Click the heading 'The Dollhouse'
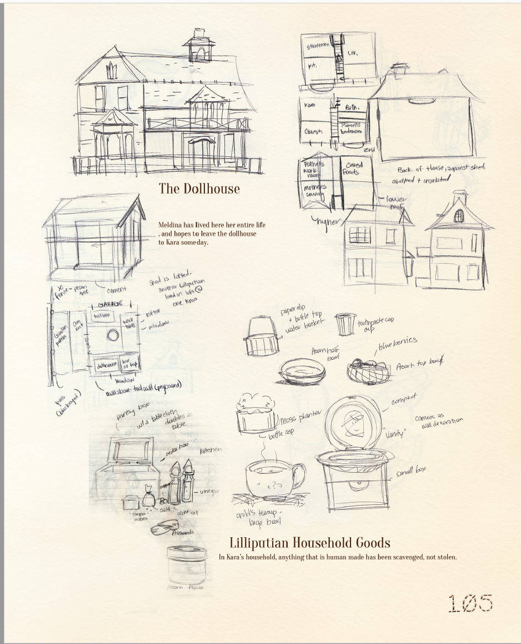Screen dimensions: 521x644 point(199,189)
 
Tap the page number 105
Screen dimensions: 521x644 point(470,602)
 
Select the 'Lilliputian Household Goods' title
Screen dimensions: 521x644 point(309,542)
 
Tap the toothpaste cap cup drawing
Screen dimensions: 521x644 point(345,324)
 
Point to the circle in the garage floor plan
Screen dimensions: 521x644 point(112,335)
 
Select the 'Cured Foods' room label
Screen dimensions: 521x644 point(354,169)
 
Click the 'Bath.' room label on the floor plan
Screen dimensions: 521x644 point(354,106)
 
